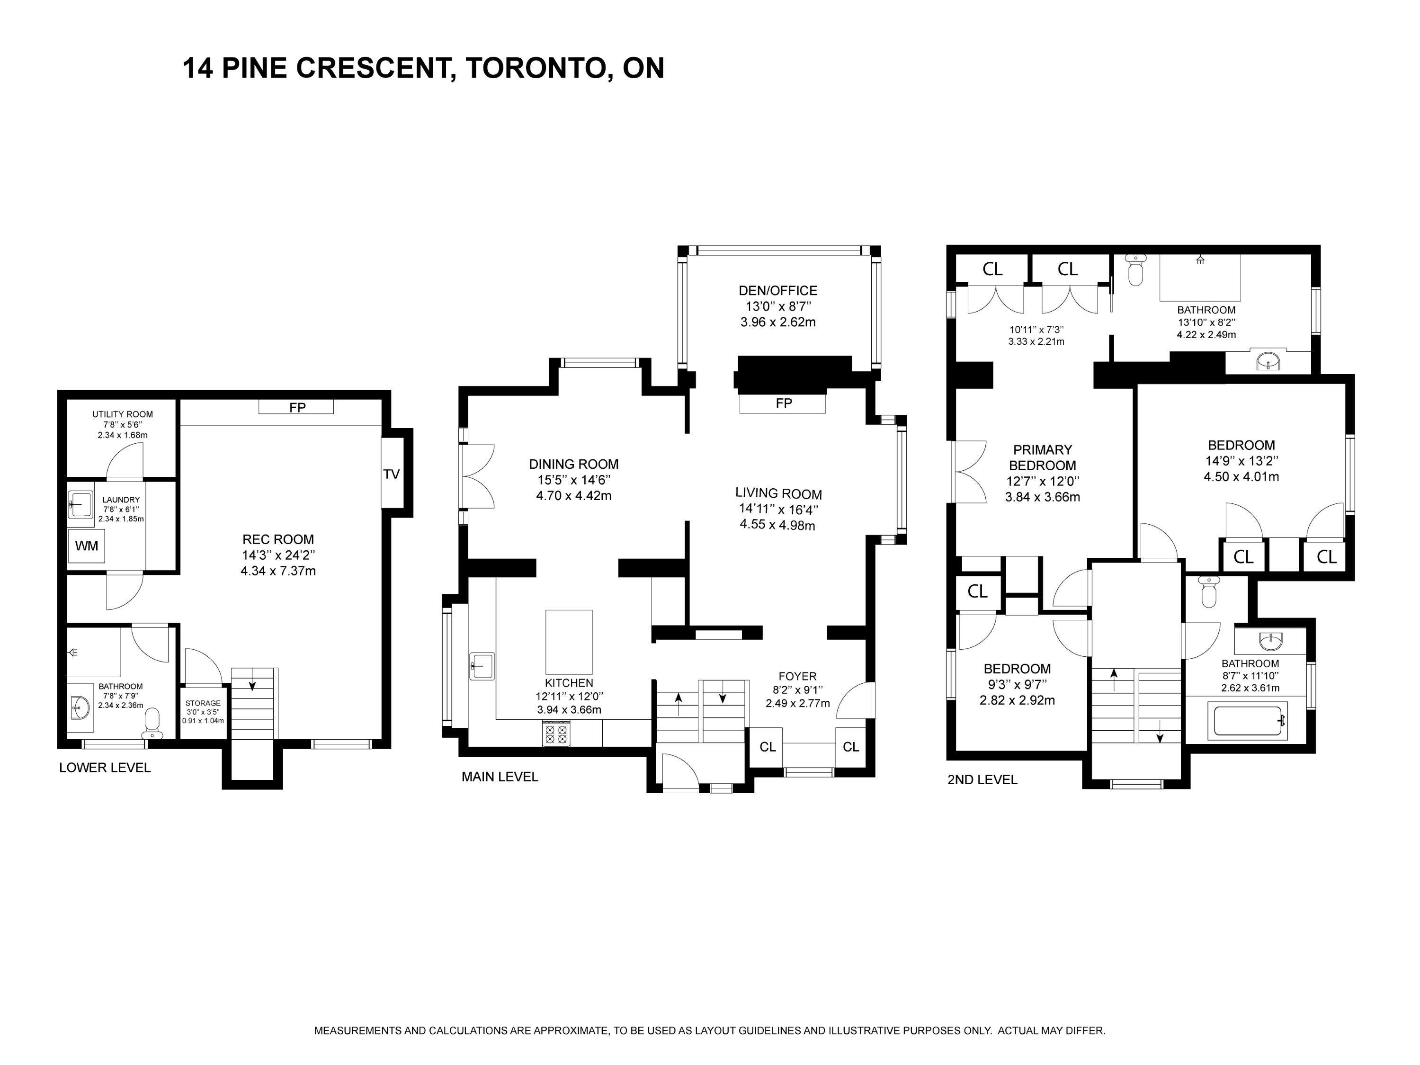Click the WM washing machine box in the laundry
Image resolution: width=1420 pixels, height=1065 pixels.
[87, 546]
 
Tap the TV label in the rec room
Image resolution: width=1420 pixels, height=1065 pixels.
[392, 474]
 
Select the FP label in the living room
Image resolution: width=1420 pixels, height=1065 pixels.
[784, 403]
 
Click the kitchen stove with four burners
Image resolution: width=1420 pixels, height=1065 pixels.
[556, 734]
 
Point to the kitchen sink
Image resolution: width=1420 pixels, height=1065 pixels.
[482, 666]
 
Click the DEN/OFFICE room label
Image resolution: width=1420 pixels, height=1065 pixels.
[778, 291]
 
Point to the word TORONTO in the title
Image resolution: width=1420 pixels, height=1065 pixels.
[530, 68]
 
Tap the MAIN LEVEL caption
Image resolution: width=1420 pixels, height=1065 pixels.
[500, 777]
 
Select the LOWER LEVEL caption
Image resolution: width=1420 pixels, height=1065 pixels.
[105, 768]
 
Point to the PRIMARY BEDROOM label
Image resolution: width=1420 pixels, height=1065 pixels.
[1043, 458]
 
